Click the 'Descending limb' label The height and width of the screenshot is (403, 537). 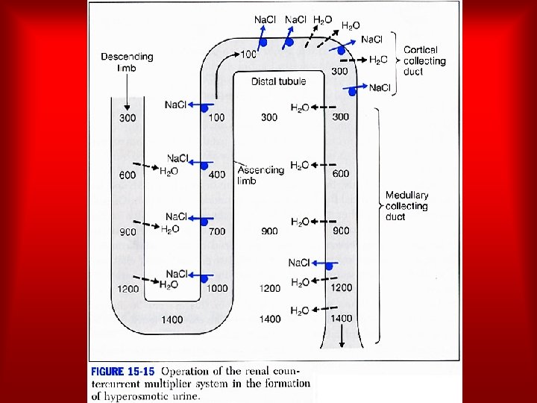point(127,62)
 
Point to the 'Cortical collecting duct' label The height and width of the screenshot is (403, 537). point(424,60)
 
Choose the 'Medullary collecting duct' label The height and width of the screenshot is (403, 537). point(406,206)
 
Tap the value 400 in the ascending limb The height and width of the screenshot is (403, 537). point(216,175)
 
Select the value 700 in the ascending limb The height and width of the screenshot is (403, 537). point(216,231)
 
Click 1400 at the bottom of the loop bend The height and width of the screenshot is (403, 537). point(173,319)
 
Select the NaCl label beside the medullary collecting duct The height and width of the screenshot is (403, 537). point(299,263)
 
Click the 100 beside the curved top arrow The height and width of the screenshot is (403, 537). point(248,54)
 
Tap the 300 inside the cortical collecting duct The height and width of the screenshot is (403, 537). point(339,71)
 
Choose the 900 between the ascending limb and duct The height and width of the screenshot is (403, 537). point(269,231)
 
